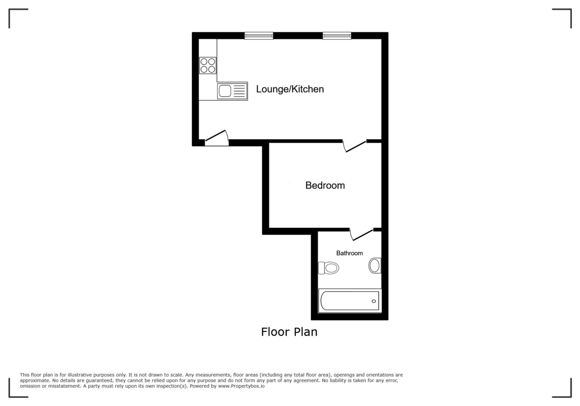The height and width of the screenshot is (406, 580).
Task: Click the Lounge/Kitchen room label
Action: click(290, 89)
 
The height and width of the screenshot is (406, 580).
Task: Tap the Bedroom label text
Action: click(325, 185)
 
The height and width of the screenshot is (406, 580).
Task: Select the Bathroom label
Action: click(349, 253)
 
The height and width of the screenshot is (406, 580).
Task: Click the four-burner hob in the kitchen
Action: click(208, 65)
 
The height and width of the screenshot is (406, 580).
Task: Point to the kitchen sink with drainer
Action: click(232, 91)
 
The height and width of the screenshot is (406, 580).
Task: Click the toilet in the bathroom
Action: click(329, 267)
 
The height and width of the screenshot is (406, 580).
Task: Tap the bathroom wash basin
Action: click(375, 265)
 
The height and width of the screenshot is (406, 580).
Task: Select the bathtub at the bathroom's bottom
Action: click(349, 301)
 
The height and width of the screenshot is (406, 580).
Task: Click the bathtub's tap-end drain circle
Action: click(374, 301)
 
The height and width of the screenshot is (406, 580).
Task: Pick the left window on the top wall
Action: click(259, 35)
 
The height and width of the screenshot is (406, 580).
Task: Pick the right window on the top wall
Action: click(337, 35)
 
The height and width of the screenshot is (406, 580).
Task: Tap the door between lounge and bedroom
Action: click(354, 146)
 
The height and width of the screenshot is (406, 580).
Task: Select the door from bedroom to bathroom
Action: click(361, 234)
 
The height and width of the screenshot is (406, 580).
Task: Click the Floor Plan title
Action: click(289, 332)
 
